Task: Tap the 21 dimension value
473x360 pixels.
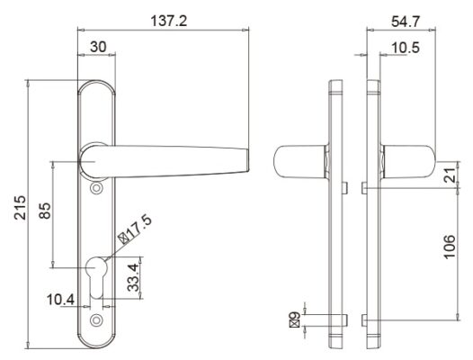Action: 451,178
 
